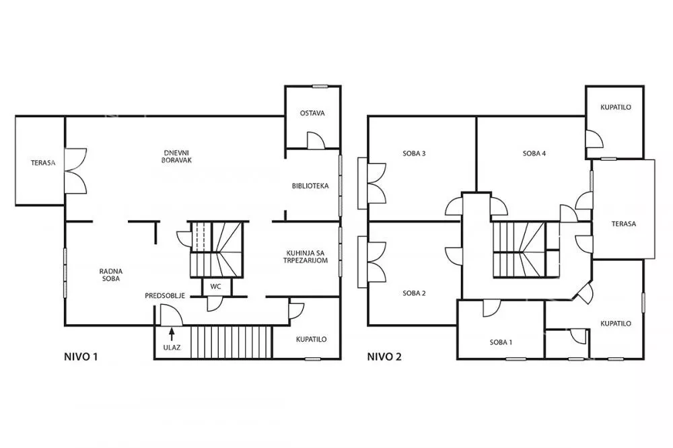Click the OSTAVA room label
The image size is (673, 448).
coord(312,113)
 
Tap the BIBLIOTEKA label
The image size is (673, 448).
coord(310,186)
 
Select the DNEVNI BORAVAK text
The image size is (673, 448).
coord(177,156)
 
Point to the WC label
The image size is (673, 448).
coord(215,287)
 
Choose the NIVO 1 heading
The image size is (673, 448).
coord(81,356)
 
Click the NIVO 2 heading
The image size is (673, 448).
coord(384,356)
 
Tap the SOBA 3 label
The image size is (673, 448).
coord(414,153)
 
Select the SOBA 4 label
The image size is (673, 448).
coord(534,153)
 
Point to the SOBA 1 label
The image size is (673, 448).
coord(501,342)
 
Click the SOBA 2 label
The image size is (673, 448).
coord(414,293)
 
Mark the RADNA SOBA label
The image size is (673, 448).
coord(111,274)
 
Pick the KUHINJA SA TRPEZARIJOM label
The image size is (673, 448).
coord(306,256)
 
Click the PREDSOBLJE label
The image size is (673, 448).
coord(165,296)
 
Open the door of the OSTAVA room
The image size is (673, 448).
coord(316,141)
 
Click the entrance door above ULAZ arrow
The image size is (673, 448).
coord(171,315)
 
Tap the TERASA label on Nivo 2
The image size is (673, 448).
coord(624,223)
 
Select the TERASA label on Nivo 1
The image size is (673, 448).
coord(43,163)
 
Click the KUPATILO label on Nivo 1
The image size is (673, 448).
coord(311,339)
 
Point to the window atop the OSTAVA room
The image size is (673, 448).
coord(320,86)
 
